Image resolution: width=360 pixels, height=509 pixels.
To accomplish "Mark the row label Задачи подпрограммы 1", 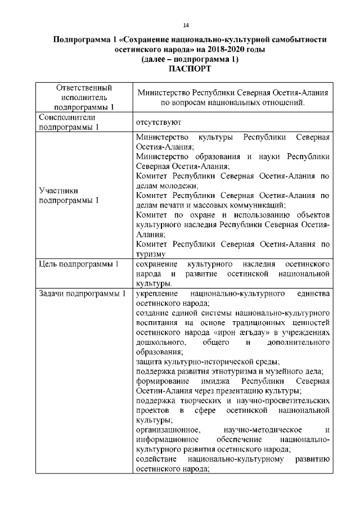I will pyautogui.click(x=81, y=294).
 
